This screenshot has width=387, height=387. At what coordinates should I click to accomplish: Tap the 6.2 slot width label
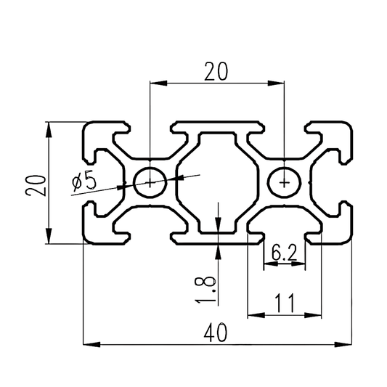point(284,253)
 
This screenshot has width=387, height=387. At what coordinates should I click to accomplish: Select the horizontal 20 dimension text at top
point(216,71)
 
